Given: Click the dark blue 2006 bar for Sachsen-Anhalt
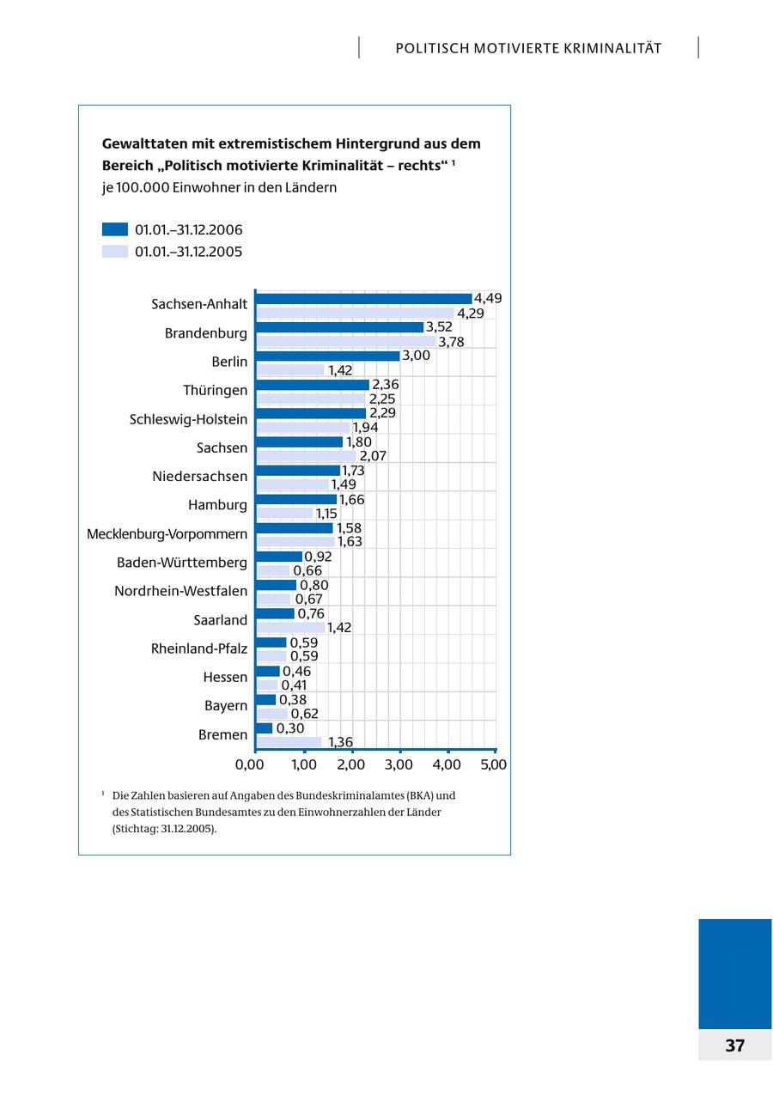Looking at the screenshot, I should click(x=364, y=299).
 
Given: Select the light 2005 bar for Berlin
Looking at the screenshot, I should click(x=291, y=370).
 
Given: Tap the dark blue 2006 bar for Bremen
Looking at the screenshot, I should click(x=265, y=728).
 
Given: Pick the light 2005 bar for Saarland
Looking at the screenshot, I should click(x=291, y=628).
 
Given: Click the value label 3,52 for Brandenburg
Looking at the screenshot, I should click(x=439, y=327).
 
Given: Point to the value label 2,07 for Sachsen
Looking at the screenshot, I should click(x=373, y=456).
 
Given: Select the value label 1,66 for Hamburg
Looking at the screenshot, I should click(x=352, y=499).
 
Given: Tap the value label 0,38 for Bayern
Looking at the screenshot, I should click(x=293, y=700).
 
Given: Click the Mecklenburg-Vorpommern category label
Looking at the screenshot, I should click(x=167, y=534).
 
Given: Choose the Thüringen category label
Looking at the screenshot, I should click(x=215, y=391).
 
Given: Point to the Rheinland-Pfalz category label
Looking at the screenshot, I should click(x=199, y=648).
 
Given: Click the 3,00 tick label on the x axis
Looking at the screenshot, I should click(x=399, y=764).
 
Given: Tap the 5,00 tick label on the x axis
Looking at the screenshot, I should click(x=493, y=764).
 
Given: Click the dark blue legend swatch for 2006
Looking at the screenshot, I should click(x=115, y=229).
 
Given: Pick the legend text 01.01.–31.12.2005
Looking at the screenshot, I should click(x=188, y=252).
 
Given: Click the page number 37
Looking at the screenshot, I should click(x=735, y=1045).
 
